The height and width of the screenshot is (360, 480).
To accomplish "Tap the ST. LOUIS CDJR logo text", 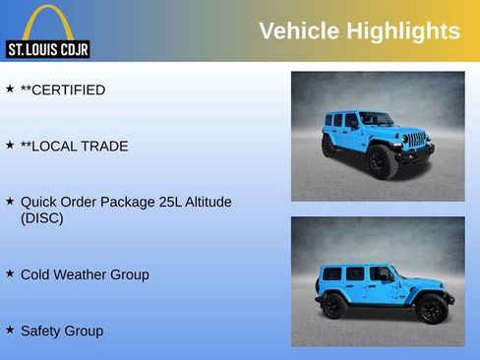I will click(x=47, y=49).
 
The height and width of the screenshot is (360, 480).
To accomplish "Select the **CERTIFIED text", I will click(x=63, y=90).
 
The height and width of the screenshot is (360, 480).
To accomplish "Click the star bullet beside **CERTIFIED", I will click(x=10, y=89).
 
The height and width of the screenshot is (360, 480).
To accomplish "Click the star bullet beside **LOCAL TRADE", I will click(x=10, y=145).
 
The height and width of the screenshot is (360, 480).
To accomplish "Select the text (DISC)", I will click(x=41, y=218).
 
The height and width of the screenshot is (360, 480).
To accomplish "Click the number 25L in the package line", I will click(x=158, y=202).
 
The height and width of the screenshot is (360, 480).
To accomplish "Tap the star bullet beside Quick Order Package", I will click(x=10, y=200).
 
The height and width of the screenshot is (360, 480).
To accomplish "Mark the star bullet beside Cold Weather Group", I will click(x=10, y=273).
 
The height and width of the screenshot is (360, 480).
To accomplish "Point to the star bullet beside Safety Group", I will click(x=10, y=330).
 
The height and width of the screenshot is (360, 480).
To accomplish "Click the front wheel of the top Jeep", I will click(x=382, y=161).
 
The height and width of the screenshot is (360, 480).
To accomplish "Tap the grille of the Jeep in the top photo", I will click(x=417, y=141).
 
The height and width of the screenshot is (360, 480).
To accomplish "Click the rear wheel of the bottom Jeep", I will click(x=334, y=306).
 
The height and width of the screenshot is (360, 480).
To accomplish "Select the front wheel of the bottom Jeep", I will click(x=430, y=309).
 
